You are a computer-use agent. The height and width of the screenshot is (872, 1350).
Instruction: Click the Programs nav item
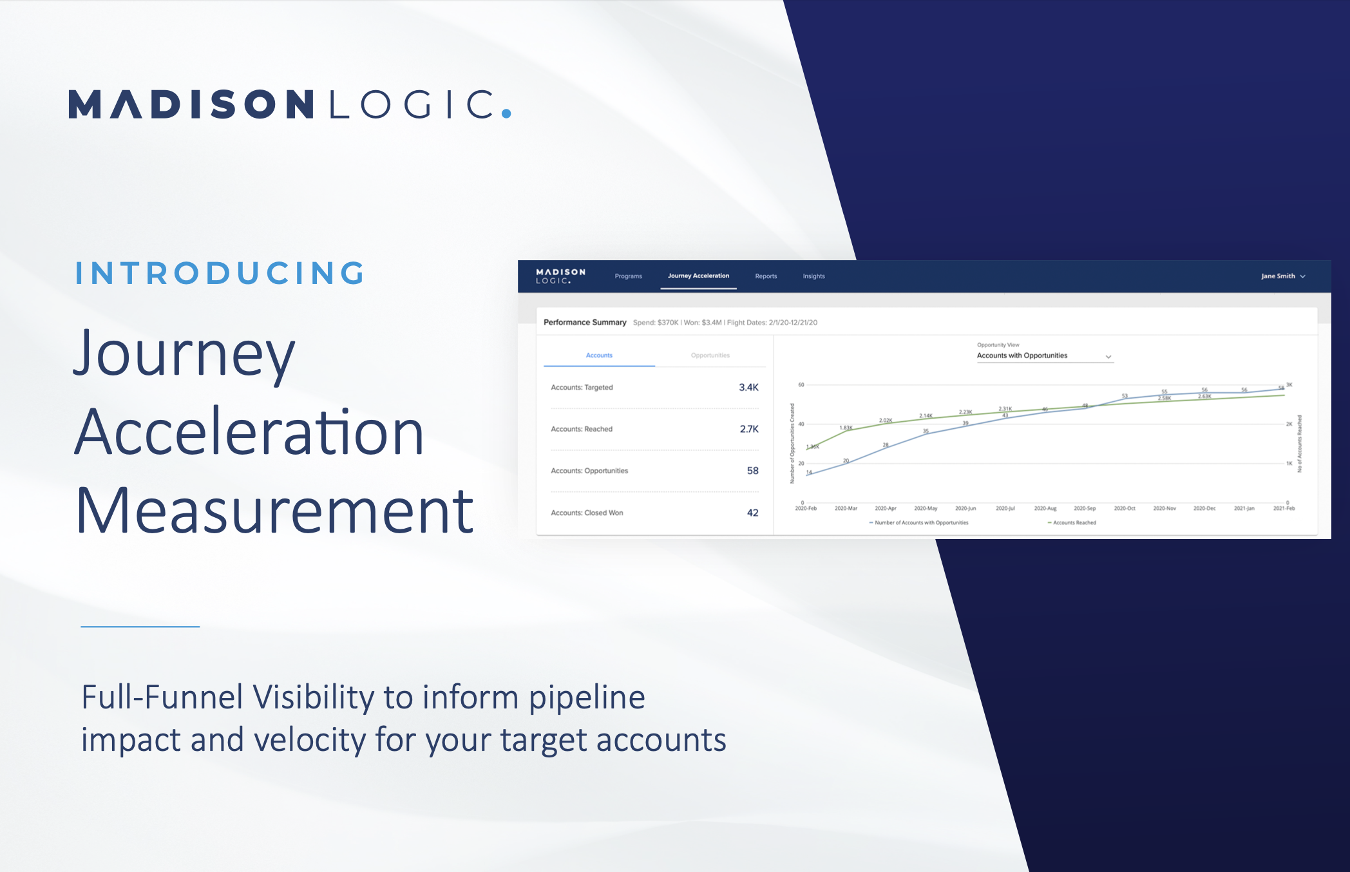(x=628, y=276)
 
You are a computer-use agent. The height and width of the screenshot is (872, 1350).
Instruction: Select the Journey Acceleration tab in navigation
(x=698, y=276)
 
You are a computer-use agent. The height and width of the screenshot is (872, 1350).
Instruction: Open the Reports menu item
(x=766, y=276)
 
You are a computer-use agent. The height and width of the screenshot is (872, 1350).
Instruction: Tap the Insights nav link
(x=813, y=276)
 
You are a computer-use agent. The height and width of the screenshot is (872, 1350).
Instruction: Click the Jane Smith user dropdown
(x=1282, y=276)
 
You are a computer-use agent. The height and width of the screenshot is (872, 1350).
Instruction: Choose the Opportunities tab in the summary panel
(x=710, y=355)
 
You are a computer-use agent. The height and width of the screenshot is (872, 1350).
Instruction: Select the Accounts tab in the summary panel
(x=599, y=355)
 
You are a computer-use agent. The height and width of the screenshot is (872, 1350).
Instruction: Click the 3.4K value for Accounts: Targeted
(x=748, y=388)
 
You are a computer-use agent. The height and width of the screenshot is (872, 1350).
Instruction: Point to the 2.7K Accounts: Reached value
(x=749, y=429)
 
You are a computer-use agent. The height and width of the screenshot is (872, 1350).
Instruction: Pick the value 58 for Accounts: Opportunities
(x=752, y=471)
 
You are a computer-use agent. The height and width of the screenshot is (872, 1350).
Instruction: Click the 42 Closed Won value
(x=752, y=513)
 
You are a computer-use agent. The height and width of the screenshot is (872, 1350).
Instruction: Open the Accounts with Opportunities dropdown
(x=1044, y=356)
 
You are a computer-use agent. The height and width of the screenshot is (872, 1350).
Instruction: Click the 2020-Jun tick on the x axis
(x=965, y=509)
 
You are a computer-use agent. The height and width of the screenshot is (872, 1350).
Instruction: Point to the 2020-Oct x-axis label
(x=1125, y=509)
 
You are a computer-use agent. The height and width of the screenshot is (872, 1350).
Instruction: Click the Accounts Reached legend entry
(x=1074, y=523)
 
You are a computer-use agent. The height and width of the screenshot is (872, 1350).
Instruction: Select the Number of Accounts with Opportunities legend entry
(x=920, y=523)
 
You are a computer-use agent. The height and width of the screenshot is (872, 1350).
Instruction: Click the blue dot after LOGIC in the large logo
(x=506, y=114)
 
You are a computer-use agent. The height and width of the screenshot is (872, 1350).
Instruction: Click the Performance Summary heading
(x=585, y=323)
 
